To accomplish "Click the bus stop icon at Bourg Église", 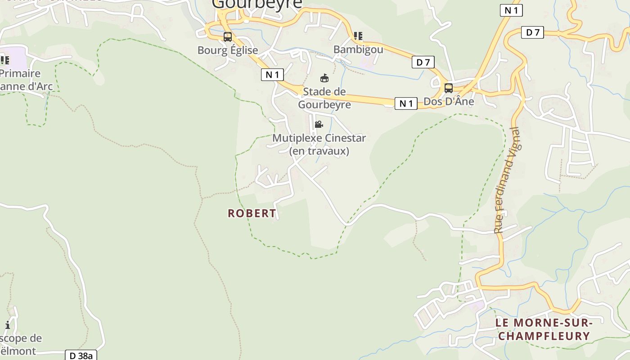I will pyautogui.click(x=228, y=37).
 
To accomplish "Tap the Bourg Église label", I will pyautogui.click(x=228, y=50).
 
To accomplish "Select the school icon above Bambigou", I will pyautogui.click(x=358, y=36).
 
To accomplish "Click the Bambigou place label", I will pyautogui.click(x=358, y=49).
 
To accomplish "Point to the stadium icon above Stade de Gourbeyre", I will pyautogui.click(x=324, y=78).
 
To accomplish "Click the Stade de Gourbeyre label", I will pyautogui.click(x=324, y=98).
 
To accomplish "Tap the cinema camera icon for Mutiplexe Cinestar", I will pyautogui.click(x=319, y=125).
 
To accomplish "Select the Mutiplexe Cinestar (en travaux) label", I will pyautogui.click(x=319, y=144).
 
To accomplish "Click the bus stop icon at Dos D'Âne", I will pyautogui.click(x=448, y=88).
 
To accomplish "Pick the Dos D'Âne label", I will pyautogui.click(x=449, y=101).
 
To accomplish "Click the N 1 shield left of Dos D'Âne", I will pyautogui.click(x=406, y=103).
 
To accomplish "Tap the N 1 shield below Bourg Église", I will pyautogui.click(x=272, y=75).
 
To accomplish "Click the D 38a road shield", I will pyautogui.click(x=81, y=355).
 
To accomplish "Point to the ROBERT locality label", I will pyautogui.click(x=252, y=213).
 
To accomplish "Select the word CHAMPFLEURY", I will pyautogui.click(x=544, y=336).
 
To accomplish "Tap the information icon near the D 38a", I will pyautogui.click(x=8, y=325).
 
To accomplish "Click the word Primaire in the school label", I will pyautogui.click(x=20, y=73).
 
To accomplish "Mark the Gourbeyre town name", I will pyautogui.click(x=257, y=4).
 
